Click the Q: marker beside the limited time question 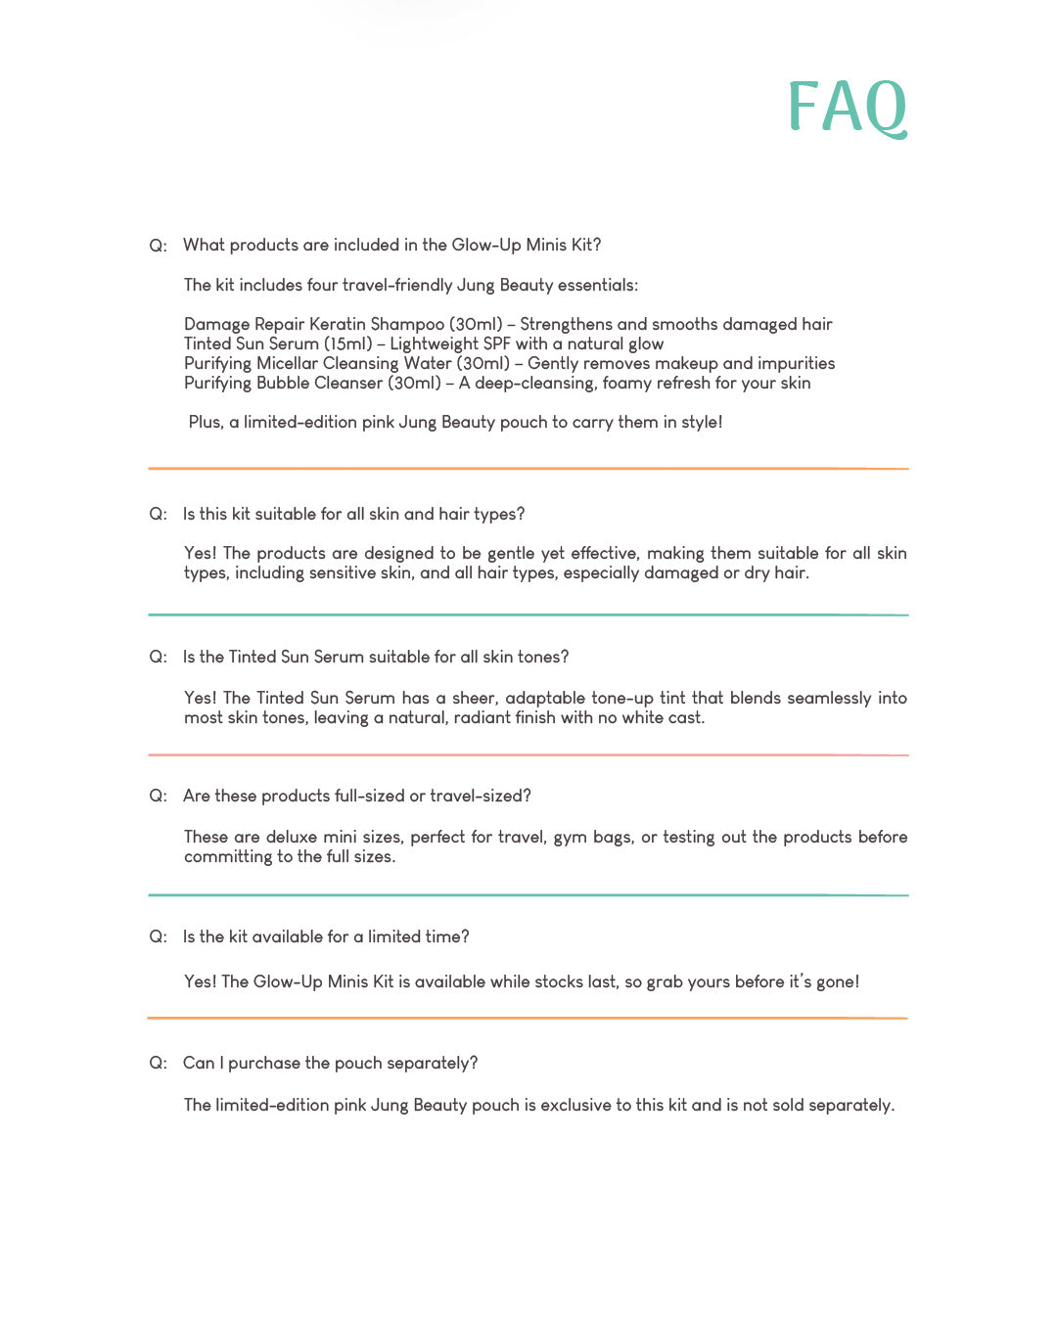click(x=158, y=936)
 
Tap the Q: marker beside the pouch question click(x=158, y=1063)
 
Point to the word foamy click(x=627, y=383)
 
